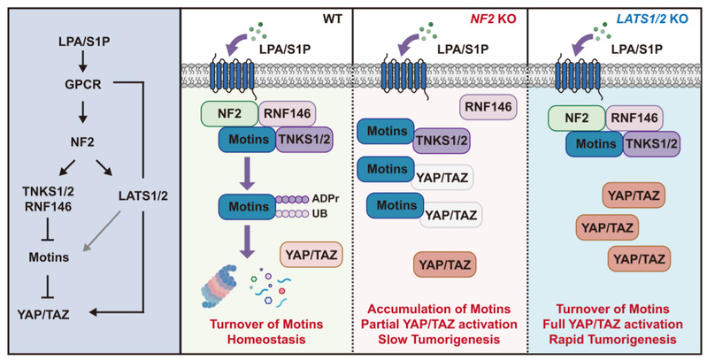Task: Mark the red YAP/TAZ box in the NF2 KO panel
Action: [x=445, y=264]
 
